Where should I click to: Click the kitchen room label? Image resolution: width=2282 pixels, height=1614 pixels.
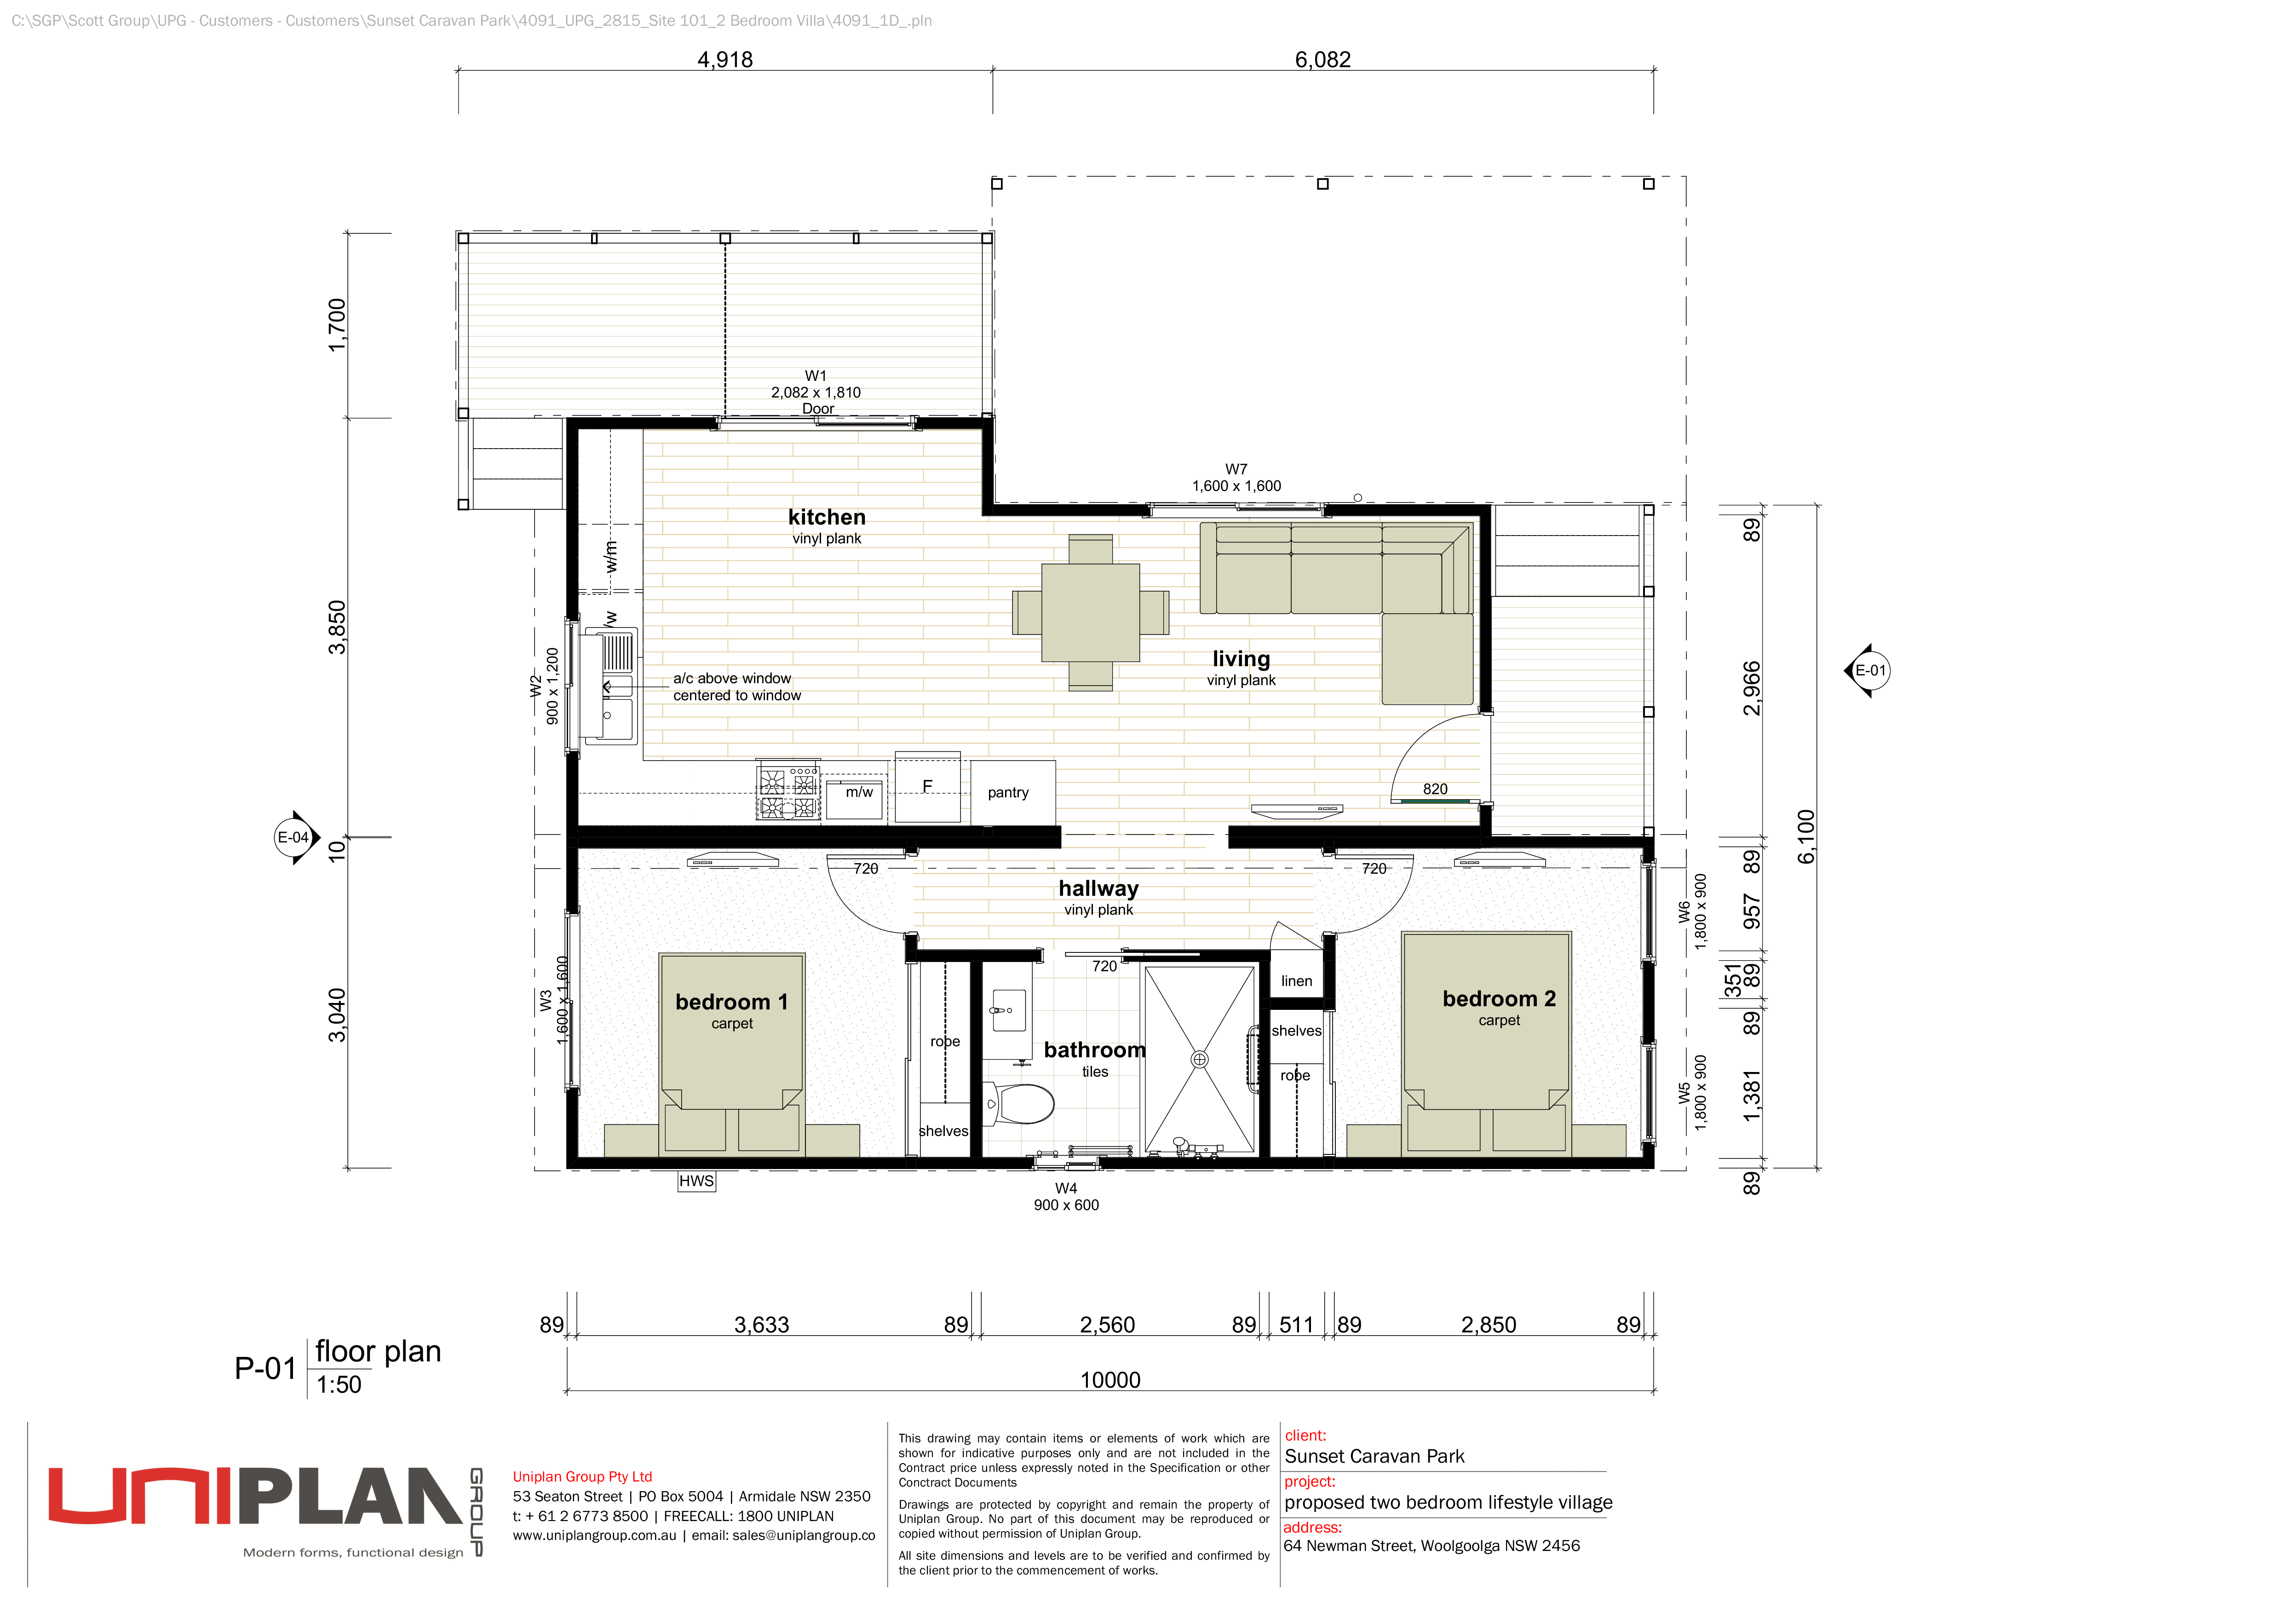click(x=827, y=517)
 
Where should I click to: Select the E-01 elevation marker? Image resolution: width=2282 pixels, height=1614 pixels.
click(x=1868, y=671)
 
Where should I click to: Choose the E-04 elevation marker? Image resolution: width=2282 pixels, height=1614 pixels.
click(x=295, y=838)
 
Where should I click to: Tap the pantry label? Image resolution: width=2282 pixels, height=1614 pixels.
click(x=1008, y=793)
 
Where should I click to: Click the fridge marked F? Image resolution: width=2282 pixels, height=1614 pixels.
click(x=927, y=787)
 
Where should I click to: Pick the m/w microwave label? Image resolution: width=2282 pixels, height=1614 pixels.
click(x=859, y=792)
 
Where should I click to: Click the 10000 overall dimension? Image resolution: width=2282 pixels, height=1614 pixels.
click(x=1110, y=1379)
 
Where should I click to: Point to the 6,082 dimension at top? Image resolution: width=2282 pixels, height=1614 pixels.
click(x=1323, y=60)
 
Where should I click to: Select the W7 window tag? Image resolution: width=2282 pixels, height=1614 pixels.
click(x=1236, y=469)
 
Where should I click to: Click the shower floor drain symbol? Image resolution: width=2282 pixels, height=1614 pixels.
click(x=1200, y=1060)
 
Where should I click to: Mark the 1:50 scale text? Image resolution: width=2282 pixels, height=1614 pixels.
click(x=339, y=1384)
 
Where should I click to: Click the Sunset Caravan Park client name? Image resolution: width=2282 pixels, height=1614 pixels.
click(x=1374, y=1456)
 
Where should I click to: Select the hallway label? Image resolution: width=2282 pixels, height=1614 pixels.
click(x=1098, y=888)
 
